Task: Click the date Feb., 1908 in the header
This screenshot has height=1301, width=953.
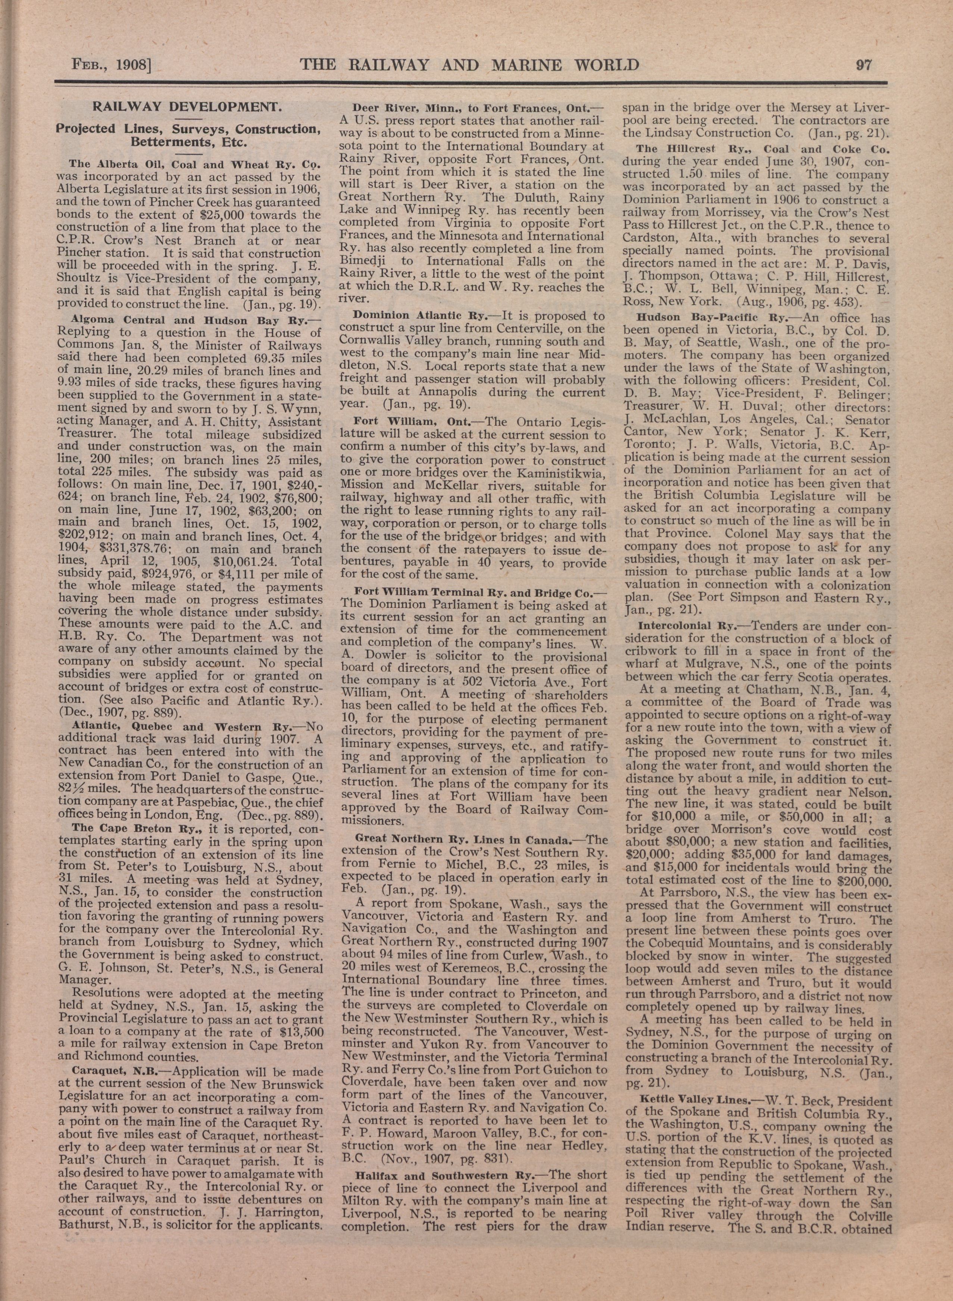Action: point(110,64)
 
